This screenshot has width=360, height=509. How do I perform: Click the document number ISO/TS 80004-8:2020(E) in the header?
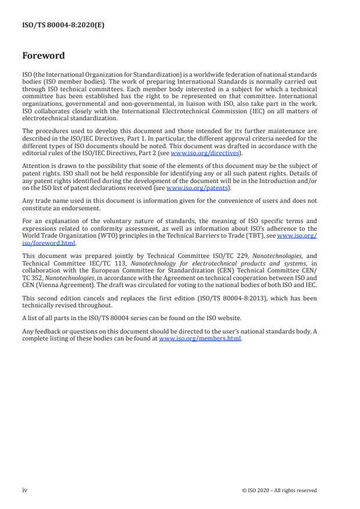click(56, 26)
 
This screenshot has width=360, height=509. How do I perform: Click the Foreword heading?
click(43, 56)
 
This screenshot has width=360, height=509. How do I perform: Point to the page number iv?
click(24, 490)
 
